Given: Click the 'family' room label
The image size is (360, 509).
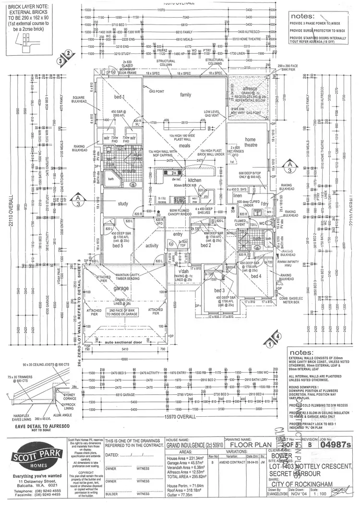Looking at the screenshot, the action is click(x=185, y=95).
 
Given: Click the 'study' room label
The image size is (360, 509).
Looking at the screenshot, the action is click(x=123, y=204).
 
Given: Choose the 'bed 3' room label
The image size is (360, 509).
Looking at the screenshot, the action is click(x=220, y=291).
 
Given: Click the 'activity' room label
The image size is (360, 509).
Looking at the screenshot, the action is click(x=152, y=245).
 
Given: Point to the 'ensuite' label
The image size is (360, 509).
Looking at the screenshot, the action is click(x=129, y=170).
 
